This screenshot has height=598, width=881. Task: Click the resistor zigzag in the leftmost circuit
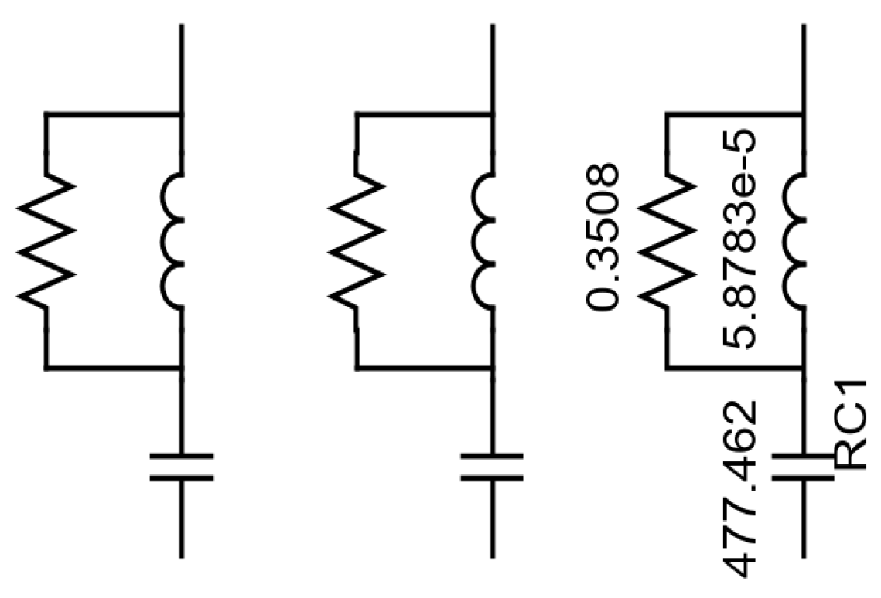[x=46, y=242]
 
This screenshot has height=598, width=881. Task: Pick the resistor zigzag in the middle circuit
[x=357, y=242]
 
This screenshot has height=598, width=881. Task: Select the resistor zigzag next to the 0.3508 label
[x=667, y=242]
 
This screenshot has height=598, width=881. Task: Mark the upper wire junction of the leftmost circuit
[x=181, y=115]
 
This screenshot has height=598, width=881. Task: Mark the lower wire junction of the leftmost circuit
[x=181, y=369]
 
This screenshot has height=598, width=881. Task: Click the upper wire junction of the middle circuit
[x=492, y=115]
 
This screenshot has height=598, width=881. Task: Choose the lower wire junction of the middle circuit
[x=492, y=369]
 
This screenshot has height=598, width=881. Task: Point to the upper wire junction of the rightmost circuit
[x=803, y=115]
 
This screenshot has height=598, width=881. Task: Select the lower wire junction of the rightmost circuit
[x=803, y=369]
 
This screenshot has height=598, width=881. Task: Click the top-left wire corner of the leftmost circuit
[x=46, y=115]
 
